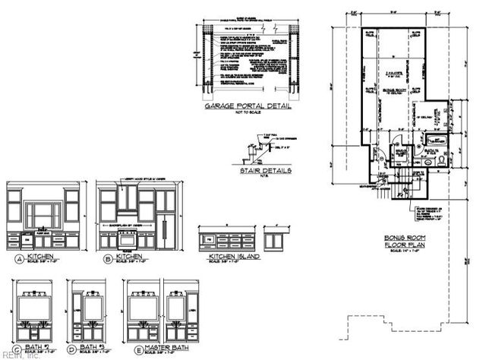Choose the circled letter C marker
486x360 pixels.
(x=16, y=350)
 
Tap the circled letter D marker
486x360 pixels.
(x=72, y=350)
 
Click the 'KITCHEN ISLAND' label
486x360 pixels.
(x=234, y=257)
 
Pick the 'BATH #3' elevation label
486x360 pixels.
(x=92, y=349)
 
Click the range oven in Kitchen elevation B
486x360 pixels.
(x=127, y=239)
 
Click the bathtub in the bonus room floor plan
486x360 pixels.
(x=436, y=141)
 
